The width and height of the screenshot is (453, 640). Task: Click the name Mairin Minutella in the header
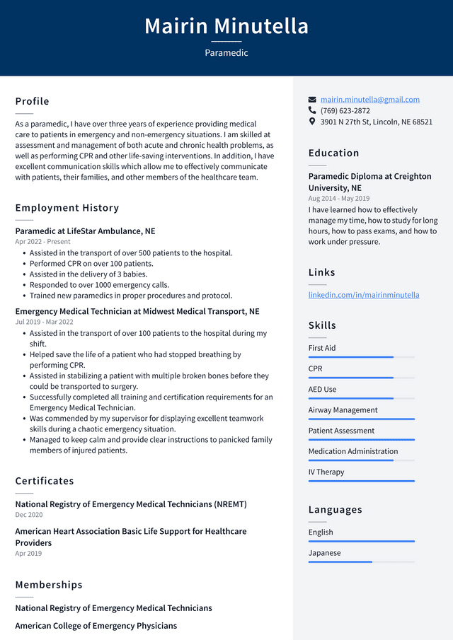pos(226,26)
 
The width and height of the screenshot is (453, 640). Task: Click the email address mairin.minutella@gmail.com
pos(369,100)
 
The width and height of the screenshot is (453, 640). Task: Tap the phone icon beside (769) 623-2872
pos(312,110)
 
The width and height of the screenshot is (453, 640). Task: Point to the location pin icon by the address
pos(312,122)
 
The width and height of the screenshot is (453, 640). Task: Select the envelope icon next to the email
pos(312,100)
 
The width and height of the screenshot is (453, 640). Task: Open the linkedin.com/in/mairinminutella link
pos(363,295)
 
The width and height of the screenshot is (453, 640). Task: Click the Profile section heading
pos(33,101)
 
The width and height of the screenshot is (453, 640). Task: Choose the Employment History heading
pos(67,208)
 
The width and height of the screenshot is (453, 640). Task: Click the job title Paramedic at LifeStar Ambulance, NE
pos(85,231)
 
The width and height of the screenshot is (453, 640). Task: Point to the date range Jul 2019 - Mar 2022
pos(44,322)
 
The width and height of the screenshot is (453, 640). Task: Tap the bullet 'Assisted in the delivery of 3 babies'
pos(88,274)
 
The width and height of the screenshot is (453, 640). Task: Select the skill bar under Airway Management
pos(361,419)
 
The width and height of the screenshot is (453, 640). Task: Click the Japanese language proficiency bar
pos(361,562)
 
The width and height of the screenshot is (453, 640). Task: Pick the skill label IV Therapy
pos(326,472)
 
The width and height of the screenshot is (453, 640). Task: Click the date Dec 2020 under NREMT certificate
pos(29,515)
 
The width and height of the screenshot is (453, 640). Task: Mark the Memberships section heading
pos(49,585)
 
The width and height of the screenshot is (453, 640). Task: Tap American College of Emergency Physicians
pos(96,626)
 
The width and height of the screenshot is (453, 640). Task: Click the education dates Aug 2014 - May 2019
pos(339,199)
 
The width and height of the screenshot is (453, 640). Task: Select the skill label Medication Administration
pos(352,451)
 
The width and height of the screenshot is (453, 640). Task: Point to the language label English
pos(321,532)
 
